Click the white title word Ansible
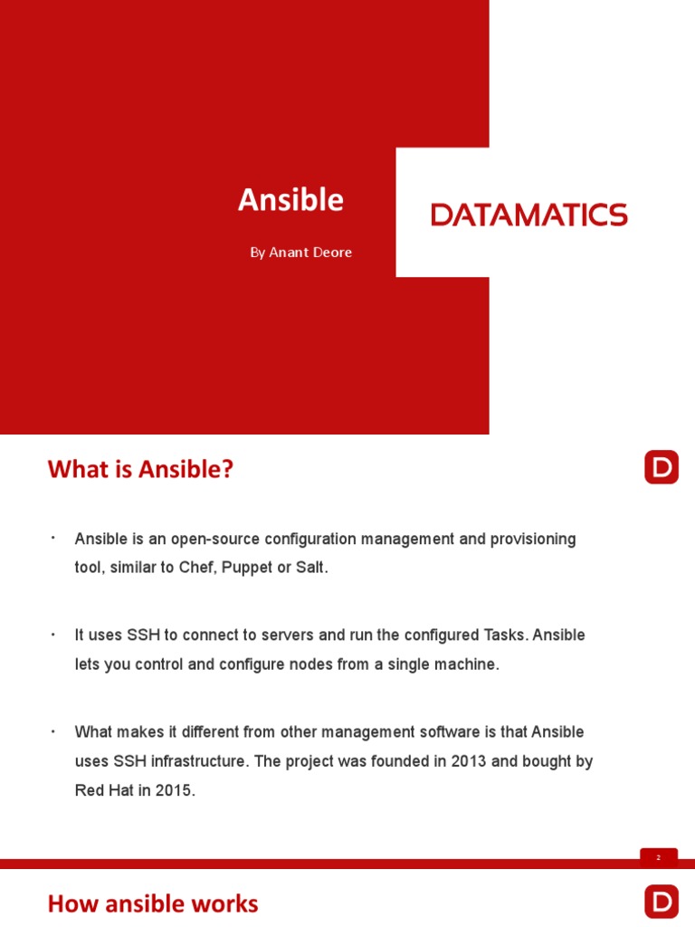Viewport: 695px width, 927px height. [x=290, y=200]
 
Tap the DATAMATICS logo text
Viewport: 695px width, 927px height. [x=529, y=215]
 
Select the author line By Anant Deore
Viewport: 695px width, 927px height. [x=300, y=253]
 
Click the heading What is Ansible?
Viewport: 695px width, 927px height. [x=140, y=469]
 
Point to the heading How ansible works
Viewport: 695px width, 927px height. [x=153, y=903]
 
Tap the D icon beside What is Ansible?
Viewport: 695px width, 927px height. [x=662, y=467]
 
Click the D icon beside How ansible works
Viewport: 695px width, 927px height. [x=662, y=902]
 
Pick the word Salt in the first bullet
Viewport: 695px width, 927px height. [x=309, y=568]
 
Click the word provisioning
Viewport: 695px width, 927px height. [x=533, y=540]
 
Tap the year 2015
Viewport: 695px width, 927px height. [x=175, y=790]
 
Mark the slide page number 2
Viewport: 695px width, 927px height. [x=659, y=857]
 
